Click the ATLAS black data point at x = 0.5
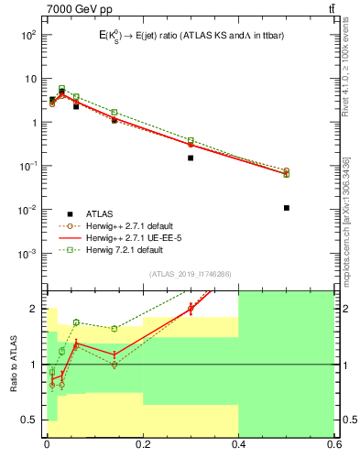[x=287, y=208]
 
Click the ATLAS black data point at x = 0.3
[x=191, y=158]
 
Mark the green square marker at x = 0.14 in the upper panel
[x=115, y=113]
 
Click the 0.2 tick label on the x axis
[x=141, y=445]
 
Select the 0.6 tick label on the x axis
[x=333, y=445]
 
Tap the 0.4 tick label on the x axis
[x=237, y=445]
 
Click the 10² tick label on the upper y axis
[x=28, y=35]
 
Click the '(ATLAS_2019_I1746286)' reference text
[x=190, y=273]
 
